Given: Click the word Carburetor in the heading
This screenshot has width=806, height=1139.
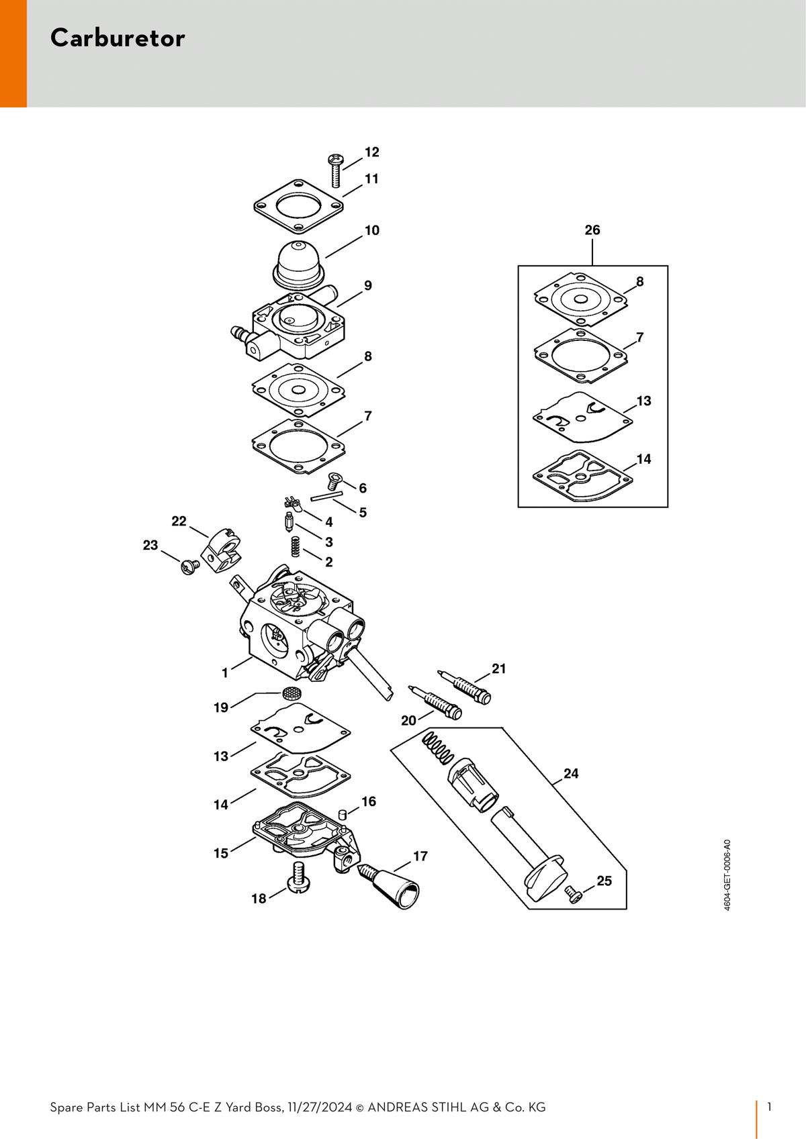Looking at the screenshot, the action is click(118, 38).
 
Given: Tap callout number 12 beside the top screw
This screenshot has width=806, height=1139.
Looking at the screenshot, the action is click(372, 152).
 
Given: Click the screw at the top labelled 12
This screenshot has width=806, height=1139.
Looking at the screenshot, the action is click(334, 170).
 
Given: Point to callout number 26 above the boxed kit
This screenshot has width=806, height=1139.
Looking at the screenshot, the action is click(592, 230).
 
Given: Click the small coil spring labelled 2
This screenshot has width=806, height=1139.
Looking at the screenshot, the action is click(295, 547).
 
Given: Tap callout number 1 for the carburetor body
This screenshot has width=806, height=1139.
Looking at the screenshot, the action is click(225, 673).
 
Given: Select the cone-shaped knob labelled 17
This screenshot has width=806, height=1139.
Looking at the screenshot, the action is click(390, 886).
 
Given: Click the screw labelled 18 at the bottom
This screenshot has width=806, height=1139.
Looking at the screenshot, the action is click(299, 877).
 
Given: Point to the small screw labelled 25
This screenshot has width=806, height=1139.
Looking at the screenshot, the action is click(574, 894).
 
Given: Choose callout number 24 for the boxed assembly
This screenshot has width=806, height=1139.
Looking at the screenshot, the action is click(571, 773).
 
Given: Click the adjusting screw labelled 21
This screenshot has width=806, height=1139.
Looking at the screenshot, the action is click(465, 687).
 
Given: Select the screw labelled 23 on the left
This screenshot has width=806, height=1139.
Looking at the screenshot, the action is click(190, 566).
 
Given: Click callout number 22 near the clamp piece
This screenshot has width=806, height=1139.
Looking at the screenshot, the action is click(179, 522).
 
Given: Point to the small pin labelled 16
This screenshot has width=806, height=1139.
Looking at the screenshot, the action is click(343, 815).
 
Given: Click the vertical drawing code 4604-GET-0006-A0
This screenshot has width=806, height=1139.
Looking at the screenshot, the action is click(727, 875).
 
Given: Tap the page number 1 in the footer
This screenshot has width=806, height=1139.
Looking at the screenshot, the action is click(770, 1107).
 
